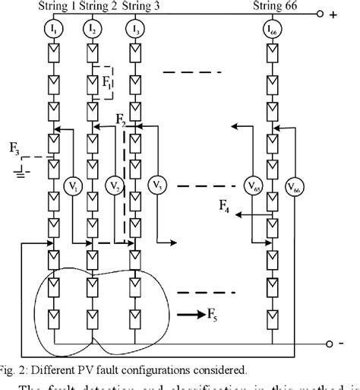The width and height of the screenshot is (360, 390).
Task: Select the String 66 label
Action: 273,8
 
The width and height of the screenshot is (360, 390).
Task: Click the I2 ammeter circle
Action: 93,30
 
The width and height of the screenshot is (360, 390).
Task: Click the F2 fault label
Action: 122,119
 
